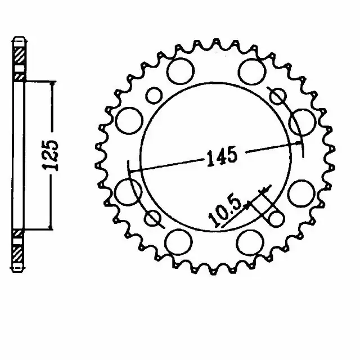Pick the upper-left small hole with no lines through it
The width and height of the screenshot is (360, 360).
pyautogui.click(x=152, y=95)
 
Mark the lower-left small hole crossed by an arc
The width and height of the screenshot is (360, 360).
pyautogui.click(x=152, y=217)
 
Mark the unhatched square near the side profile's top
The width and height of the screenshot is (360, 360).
pyautogui.click(x=19, y=76)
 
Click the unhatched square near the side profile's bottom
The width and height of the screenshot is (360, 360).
pyautogui.click(x=19, y=233)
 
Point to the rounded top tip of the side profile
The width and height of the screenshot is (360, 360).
pyautogui.click(x=19, y=39)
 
